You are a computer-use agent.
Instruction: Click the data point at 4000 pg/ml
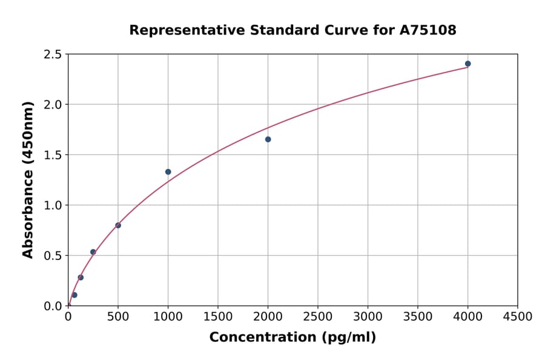coord(467,64)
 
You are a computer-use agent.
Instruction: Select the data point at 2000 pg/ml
coord(268,139)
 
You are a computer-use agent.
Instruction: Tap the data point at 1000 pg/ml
coord(168,172)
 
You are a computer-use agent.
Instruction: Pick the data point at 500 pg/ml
coord(118,225)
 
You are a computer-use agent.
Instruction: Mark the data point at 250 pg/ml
coord(93,252)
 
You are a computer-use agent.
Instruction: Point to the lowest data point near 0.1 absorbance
coord(74,295)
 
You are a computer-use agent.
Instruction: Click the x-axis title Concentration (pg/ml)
coord(292,337)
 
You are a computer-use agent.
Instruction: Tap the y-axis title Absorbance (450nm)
coord(28,179)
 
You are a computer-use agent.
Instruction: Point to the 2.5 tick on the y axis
coord(53,55)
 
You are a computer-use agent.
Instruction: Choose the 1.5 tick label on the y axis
coord(53,155)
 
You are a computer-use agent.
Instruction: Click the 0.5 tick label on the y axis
coord(53,256)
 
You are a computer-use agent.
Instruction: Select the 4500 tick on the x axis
coord(518,316)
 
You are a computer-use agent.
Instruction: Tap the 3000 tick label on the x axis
coord(368,316)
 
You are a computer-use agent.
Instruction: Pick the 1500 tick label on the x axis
coord(218,316)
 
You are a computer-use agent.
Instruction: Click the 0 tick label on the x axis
coord(68,316)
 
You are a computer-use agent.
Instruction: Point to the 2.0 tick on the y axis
coord(53,105)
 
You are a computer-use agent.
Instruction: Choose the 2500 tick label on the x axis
coord(318,316)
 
